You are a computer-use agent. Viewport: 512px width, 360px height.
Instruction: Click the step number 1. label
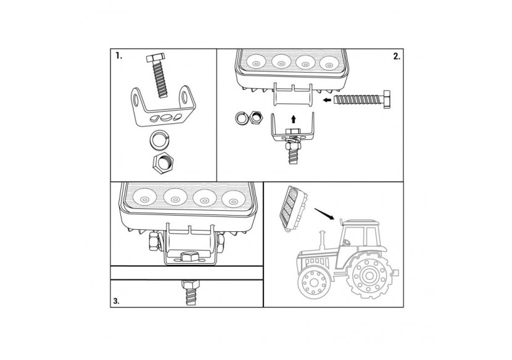tap(119, 56)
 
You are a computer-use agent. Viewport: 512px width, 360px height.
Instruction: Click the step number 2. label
tap(397, 56)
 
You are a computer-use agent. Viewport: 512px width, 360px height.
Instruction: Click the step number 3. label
tap(116, 301)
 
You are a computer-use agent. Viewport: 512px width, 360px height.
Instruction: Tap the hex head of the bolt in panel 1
tap(155, 58)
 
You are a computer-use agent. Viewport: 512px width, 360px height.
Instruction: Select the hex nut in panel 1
tap(163, 163)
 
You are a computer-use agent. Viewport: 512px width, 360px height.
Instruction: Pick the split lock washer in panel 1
tap(159, 140)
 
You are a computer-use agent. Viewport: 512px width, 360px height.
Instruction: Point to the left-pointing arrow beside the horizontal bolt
tap(327, 100)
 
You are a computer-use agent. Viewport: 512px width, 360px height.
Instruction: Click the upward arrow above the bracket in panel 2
tap(293, 119)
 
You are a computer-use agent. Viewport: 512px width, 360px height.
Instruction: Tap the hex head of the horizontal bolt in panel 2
tap(387, 99)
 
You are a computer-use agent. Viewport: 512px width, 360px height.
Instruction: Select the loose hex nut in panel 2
tap(255, 118)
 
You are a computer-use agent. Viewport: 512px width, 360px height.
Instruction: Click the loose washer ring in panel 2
tap(242, 118)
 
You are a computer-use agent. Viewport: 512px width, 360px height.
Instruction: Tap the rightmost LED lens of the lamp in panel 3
tap(233, 200)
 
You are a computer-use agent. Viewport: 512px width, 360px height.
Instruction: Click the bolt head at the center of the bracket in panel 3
tap(190, 256)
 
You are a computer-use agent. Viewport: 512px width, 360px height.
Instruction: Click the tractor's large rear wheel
tap(370, 275)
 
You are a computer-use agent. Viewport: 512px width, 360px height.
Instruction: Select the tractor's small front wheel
tap(314, 282)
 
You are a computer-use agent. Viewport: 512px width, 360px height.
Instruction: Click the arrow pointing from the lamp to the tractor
tap(324, 214)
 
